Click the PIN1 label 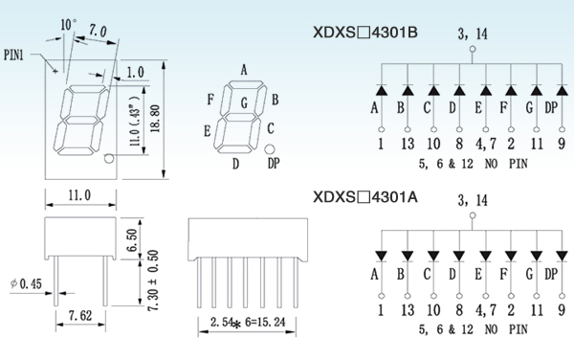[x=13, y=55]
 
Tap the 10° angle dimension [x=69, y=25]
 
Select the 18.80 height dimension [x=155, y=119]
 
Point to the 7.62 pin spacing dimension [x=80, y=315]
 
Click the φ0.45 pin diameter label [x=26, y=283]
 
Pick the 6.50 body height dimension [x=132, y=240]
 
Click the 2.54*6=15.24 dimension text [x=248, y=323]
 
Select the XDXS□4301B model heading [x=365, y=33]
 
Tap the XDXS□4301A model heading [x=365, y=197]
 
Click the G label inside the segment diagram [x=244, y=102]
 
